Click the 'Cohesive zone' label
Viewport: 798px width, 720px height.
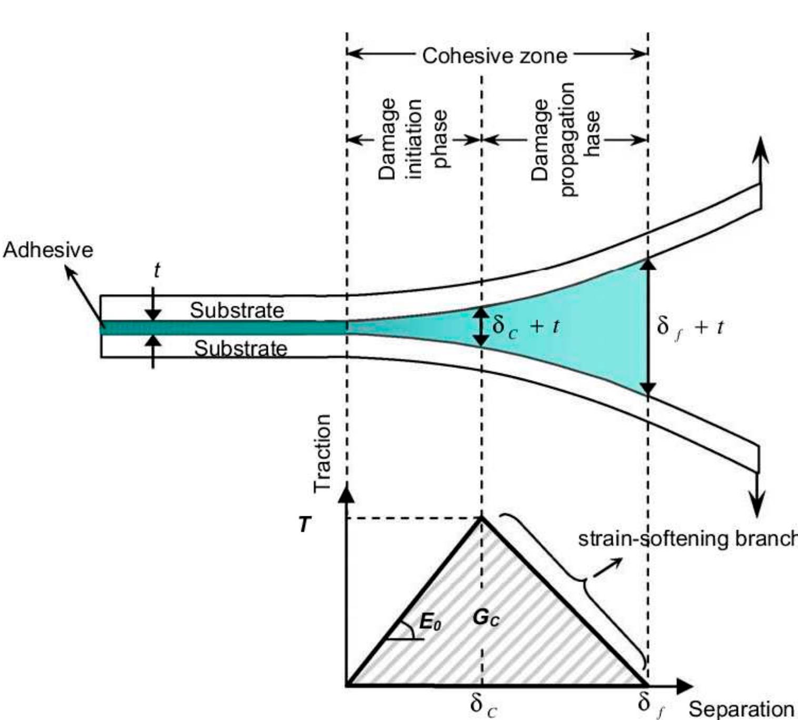click(x=495, y=55)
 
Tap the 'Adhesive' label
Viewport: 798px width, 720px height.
click(x=48, y=249)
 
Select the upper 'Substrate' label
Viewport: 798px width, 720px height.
click(x=237, y=310)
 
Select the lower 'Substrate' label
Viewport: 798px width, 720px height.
click(x=241, y=348)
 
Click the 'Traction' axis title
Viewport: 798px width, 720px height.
click(x=322, y=453)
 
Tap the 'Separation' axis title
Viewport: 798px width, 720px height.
click(x=741, y=709)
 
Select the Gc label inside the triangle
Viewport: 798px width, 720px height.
click(x=485, y=618)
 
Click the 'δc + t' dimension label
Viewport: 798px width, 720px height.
click(x=525, y=327)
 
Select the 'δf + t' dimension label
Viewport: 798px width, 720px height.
click(x=690, y=327)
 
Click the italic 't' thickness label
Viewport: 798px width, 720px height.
click(x=156, y=271)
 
